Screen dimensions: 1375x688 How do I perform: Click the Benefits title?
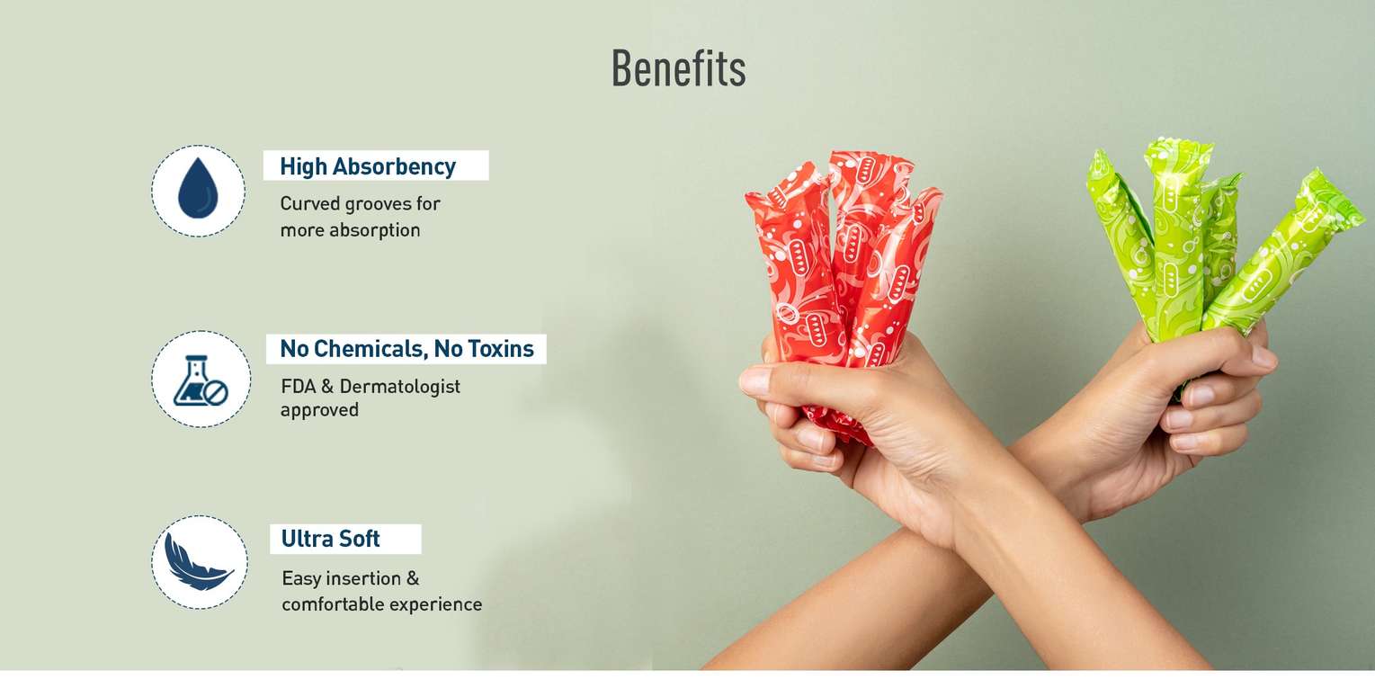click(x=679, y=67)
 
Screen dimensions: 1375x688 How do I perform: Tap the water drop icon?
click(x=198, y=189)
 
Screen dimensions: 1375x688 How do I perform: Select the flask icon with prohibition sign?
click(x=201, y=380)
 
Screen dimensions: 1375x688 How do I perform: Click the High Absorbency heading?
click(x=368, y=166)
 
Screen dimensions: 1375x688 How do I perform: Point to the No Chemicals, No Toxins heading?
click(x=406, y=349)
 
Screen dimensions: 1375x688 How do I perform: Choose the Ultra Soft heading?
click(x=330, y=538)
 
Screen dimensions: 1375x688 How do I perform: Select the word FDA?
click(x=298, y=386)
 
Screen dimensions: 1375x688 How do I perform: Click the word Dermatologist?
click(x=399, y=387)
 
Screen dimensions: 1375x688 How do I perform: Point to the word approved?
click(x=319, y=410)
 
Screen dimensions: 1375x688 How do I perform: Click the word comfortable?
click(x=332, y=604)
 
